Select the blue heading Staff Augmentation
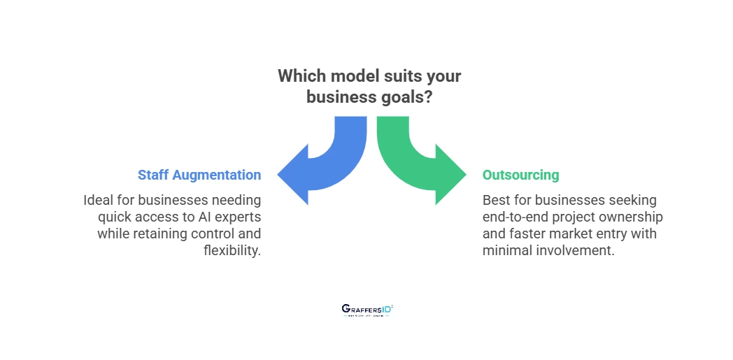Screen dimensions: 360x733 (x=199, y=175)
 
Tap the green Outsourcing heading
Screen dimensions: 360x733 (x=520, y=175)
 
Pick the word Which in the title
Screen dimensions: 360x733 (x=299, y=76)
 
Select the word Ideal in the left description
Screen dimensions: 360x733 (x=99, y=201)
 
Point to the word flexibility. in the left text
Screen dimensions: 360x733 (x=232, y=250)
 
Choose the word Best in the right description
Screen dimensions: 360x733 (x=496, y=201)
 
